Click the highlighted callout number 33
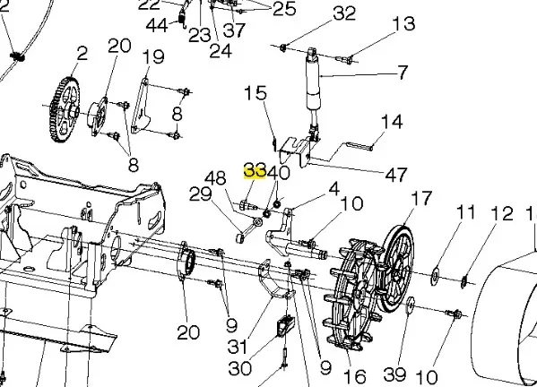pos(255,170)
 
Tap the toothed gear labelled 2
pos(65,110)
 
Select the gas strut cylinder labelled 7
pos(312,84)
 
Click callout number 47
pos(396,175)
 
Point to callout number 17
pos(421,199)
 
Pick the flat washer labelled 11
pos(436,275)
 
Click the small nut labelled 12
pos(463,281)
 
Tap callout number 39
pos(394,374)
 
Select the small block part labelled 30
pos(285,326)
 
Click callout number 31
pos(238,347)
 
